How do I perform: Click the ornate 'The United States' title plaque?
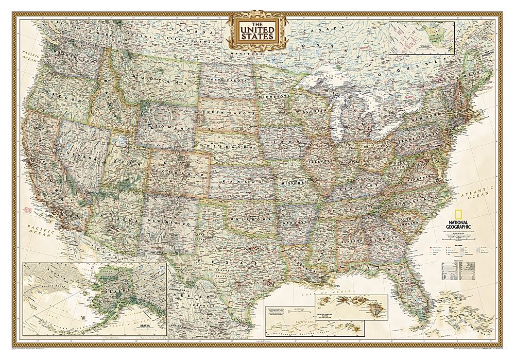259,30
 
